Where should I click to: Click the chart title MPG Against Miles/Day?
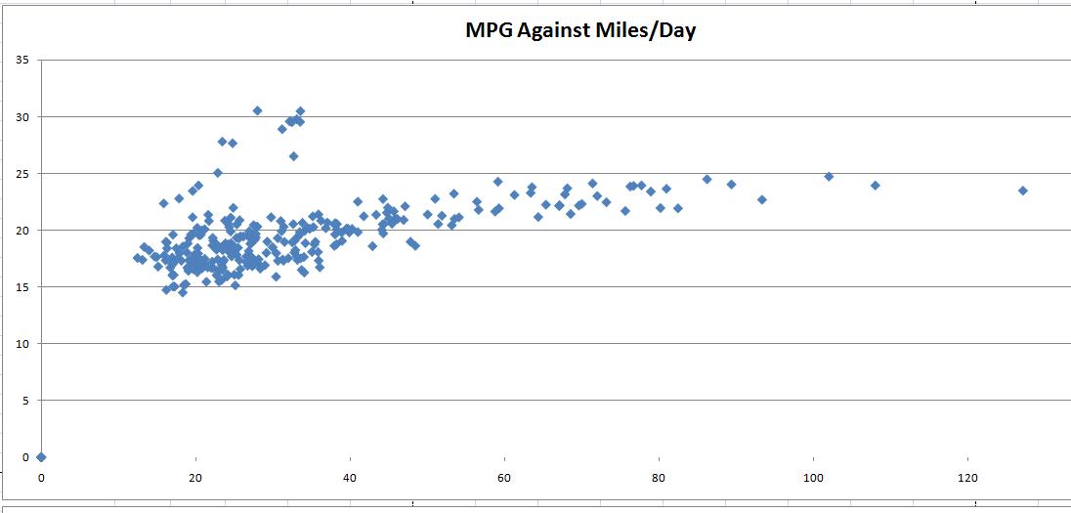579,30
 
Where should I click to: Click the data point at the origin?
41,456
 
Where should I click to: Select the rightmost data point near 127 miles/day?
1023,191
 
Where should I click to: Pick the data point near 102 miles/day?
829,177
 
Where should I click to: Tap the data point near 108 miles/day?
876,185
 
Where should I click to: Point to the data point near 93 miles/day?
762,199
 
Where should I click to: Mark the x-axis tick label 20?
195,478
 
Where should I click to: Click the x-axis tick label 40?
350,478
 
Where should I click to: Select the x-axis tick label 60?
504,478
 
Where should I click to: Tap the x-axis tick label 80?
659,478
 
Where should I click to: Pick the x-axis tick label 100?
813,478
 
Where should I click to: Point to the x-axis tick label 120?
967,478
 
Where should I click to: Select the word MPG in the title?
486,30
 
